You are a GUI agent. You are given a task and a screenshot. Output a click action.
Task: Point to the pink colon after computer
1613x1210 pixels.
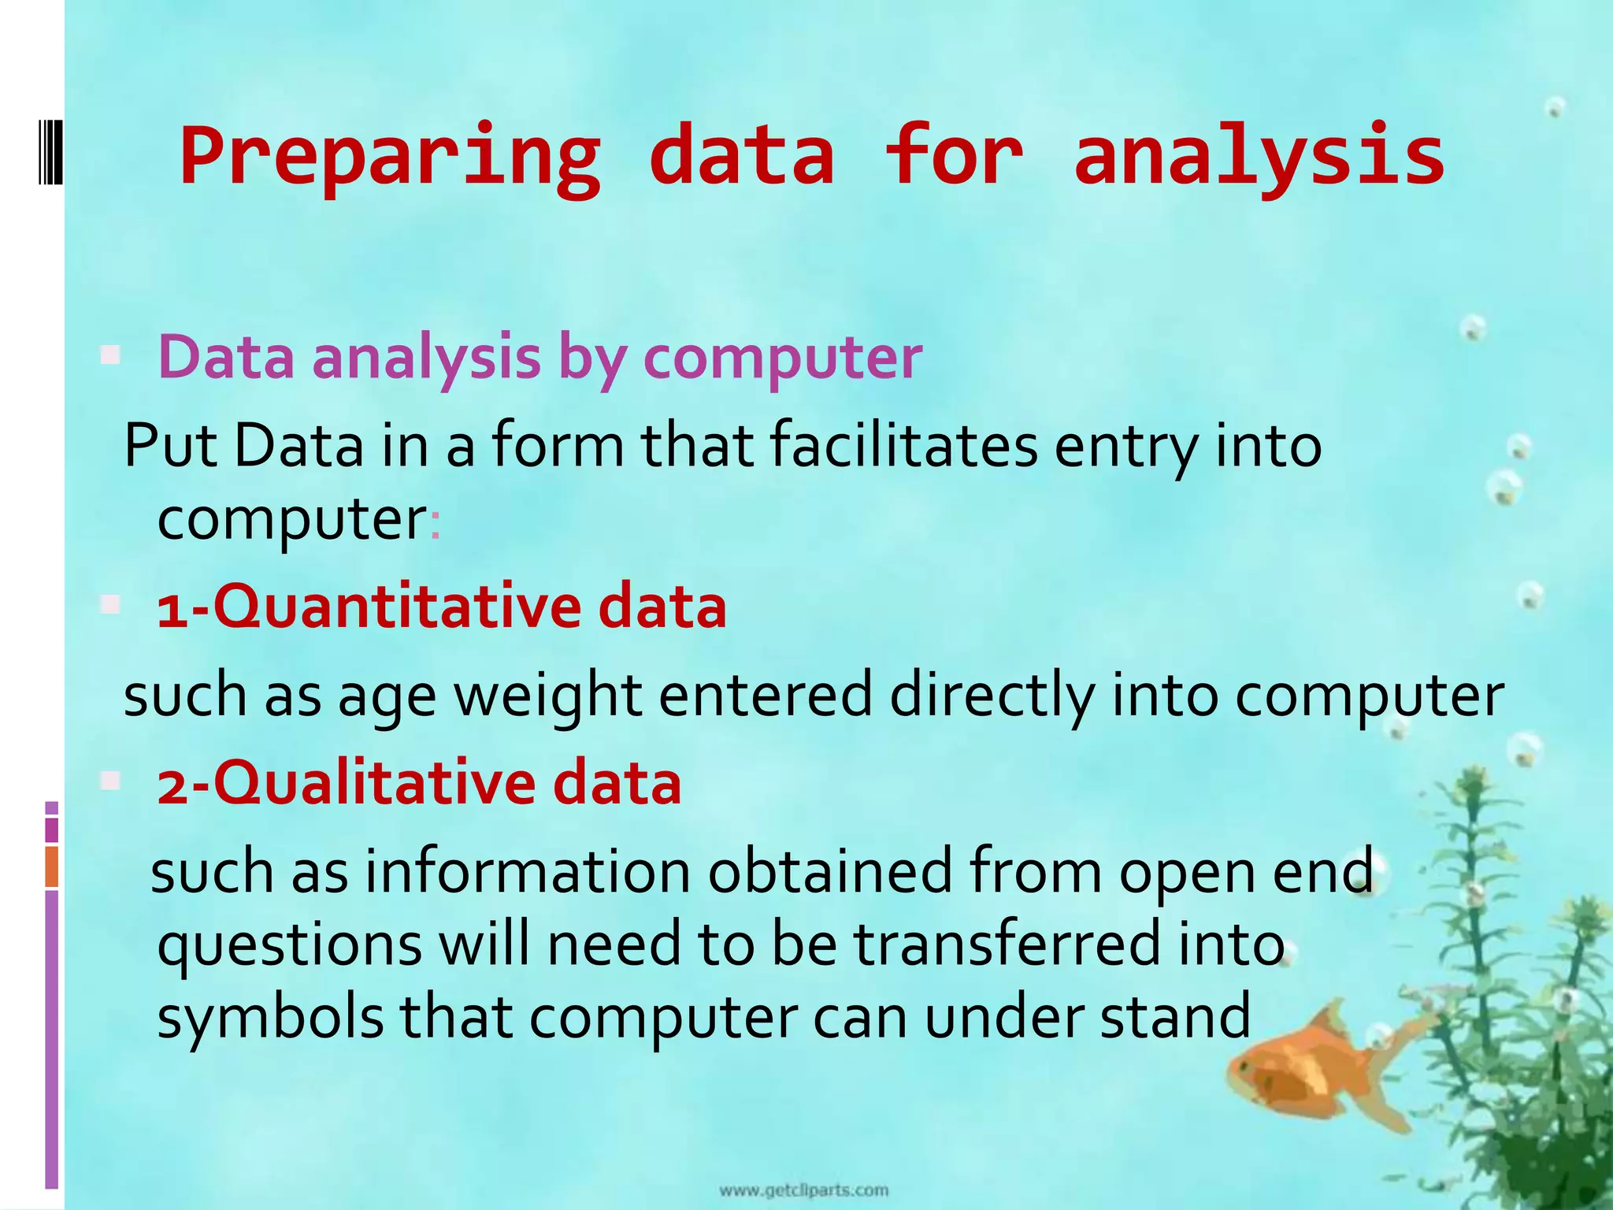coord(435,524)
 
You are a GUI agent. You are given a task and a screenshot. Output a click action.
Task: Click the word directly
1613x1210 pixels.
coord(992,696)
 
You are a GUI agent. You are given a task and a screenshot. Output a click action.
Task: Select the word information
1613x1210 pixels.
coord(527,872)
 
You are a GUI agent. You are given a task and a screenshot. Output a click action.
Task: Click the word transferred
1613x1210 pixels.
coord(1007,945)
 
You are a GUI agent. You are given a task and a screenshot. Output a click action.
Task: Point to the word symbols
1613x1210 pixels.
coord(270,1017)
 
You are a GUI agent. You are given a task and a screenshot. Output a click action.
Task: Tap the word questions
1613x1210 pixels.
coord(290,945)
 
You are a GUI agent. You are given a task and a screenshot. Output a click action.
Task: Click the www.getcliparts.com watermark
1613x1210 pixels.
coord(803,1190)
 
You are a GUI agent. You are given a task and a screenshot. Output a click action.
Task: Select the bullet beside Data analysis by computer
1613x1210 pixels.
coord(110,356)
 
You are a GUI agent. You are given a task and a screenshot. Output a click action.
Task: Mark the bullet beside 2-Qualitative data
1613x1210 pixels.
coord(110,781)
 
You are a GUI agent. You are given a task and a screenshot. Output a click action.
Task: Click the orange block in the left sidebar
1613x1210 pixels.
coord(51,867)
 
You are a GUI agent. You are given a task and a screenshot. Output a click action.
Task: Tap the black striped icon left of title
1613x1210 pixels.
coord(50,150)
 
